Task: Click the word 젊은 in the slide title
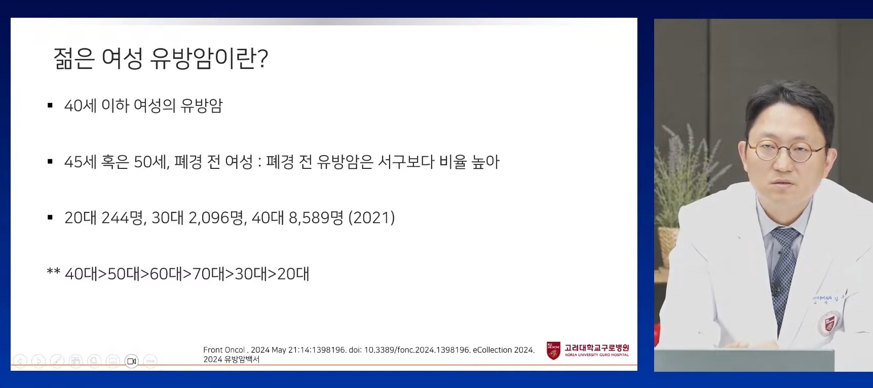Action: tap(74, 59)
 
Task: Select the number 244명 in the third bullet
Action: tap(122, 218)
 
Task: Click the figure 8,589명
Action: tap(316, 218)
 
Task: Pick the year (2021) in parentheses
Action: tap(371, 218)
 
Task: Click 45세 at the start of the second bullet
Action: tap(80, 162)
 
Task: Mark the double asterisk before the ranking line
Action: tap(53, 272)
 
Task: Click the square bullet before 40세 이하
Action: tap(50, 106)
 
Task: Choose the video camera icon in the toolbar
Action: tap(132, 361)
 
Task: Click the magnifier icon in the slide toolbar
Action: tap(94, 361)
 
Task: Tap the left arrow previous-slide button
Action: tap(20, 361)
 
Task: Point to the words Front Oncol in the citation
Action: tap(224, 350)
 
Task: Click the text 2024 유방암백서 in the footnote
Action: tap(231, 360)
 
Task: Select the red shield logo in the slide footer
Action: tap(553, 350)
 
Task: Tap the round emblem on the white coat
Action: tap(829, 323)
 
